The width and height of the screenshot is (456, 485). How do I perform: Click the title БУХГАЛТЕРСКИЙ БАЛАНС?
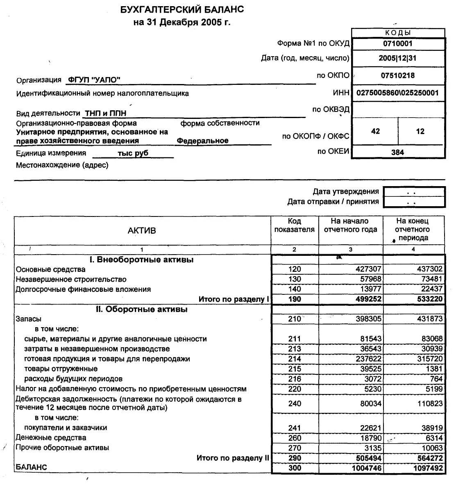[182, 9]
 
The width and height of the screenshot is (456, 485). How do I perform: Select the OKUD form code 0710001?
[397, 43]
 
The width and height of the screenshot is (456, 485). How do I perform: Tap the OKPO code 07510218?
[397, 75]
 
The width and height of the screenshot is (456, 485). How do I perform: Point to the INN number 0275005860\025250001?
[397, 93]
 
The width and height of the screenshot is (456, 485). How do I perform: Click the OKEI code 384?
[397, 152]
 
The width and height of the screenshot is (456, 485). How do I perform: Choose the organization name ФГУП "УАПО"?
[94, 80]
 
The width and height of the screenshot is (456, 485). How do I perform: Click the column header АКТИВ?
[142, 230]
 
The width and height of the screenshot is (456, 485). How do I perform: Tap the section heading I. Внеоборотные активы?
[142, 260]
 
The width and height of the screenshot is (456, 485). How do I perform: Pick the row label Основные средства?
[50, 269]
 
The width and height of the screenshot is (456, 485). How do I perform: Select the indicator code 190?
[294, 299]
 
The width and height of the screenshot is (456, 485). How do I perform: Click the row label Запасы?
[28, 319]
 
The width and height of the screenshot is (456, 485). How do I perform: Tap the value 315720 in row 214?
[429, 359]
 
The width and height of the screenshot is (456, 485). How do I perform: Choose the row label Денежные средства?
[51, 437]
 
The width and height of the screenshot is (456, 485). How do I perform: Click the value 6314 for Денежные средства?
[434, 438]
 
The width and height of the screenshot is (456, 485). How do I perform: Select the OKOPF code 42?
[375, 131]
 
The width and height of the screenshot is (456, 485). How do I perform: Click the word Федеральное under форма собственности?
[202, 141]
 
